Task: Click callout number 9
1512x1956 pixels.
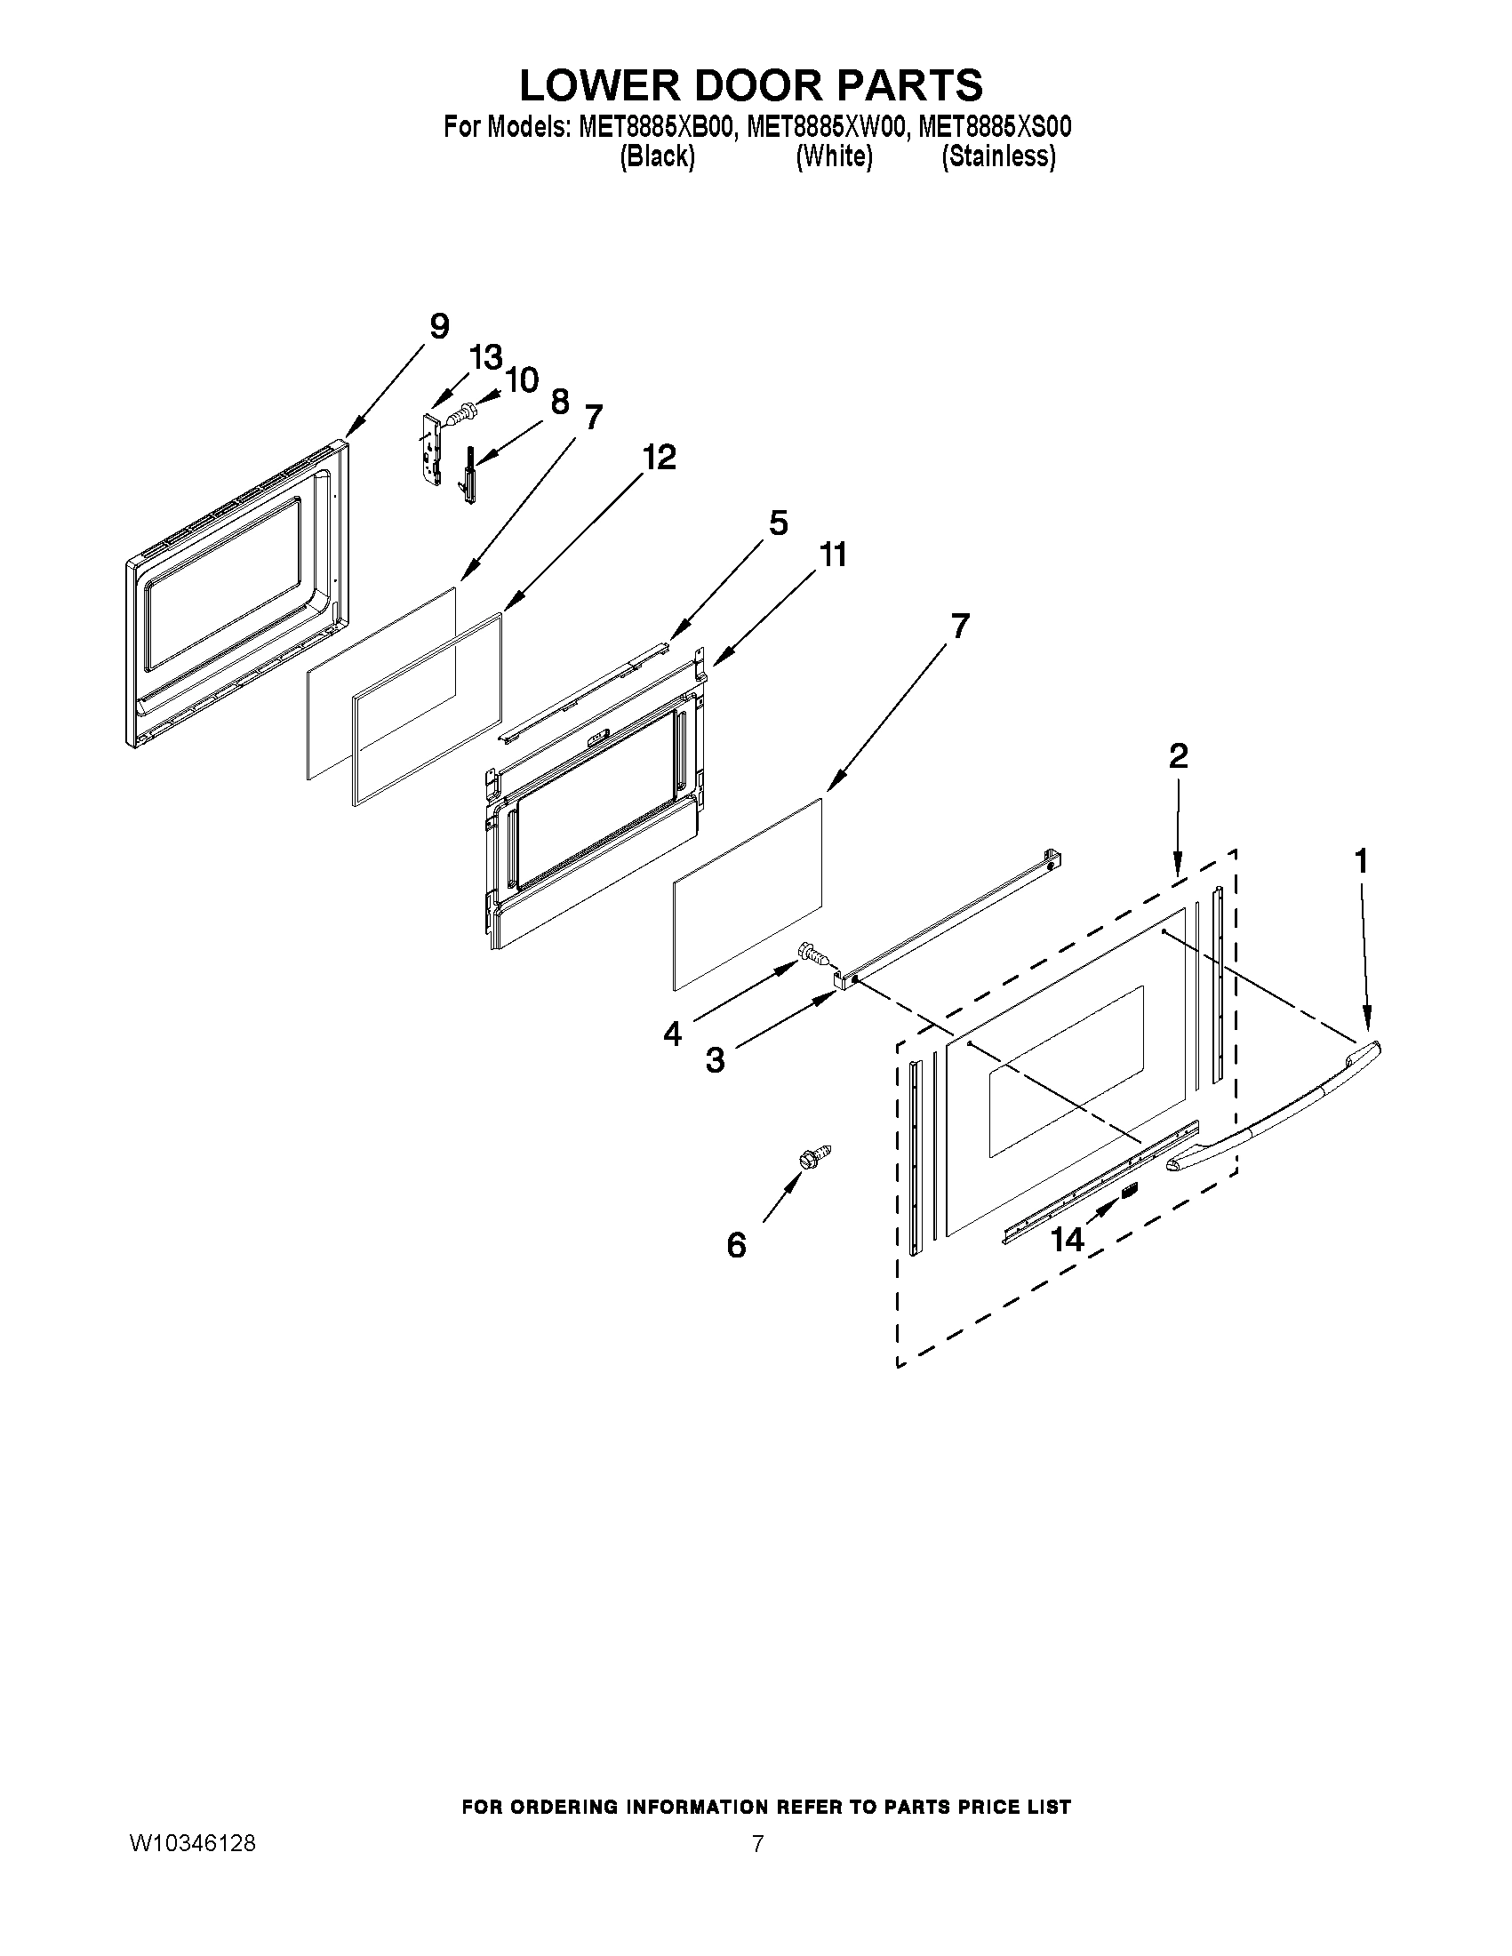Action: (439, 327)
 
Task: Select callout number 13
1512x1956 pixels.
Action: (485, 358)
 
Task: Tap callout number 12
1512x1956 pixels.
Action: (659, 458)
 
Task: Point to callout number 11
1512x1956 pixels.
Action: (833, 555)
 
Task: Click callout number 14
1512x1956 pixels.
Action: (1067, 1240)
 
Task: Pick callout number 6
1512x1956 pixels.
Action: (736, 1245)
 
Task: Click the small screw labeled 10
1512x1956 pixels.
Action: (460, 415)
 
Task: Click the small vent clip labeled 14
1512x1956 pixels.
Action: (1130, 1189)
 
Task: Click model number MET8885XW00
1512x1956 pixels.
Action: (825, 127)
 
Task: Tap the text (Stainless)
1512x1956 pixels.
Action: (999, 156)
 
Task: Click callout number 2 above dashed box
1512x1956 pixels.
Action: (1178, 757)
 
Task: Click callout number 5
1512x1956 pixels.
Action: (778, 523)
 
